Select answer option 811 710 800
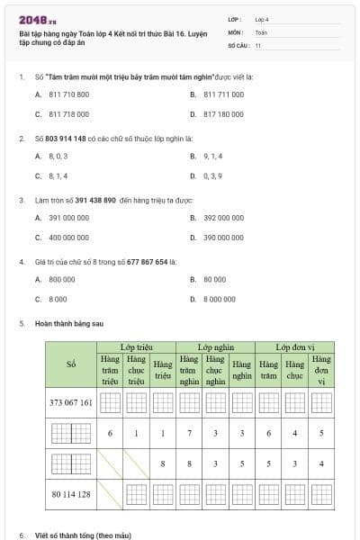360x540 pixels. [x=68, y=94]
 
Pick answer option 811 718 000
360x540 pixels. [x=68, y=114]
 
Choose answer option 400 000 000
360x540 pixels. [x=68, y=238]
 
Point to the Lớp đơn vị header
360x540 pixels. [x=293, y=346]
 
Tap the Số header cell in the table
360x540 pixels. [x=71, y=364]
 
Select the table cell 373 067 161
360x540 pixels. [x=71, y=401]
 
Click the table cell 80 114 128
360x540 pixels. [x=71, y=493]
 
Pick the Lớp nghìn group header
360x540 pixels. [x=215, y=346]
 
